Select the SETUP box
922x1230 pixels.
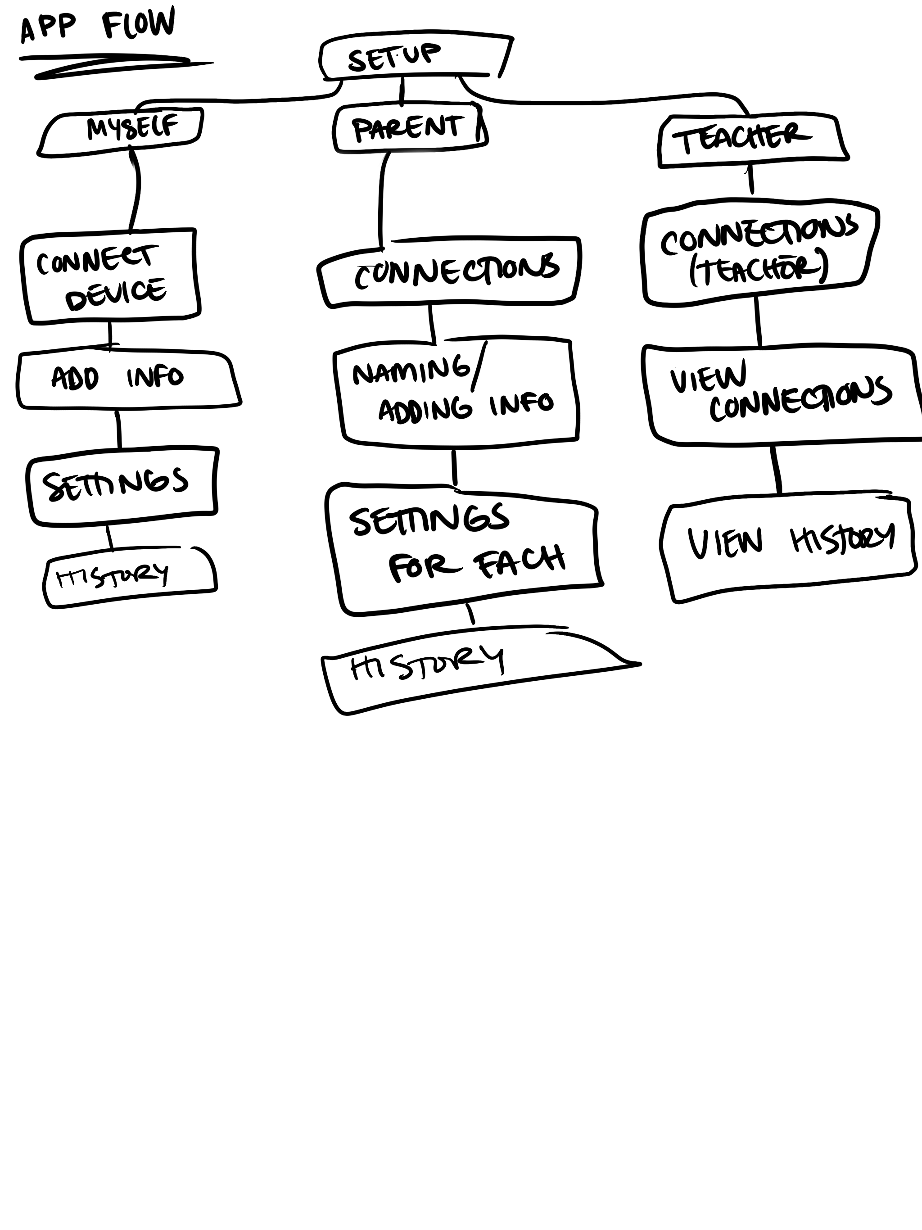click(x=414, y=57)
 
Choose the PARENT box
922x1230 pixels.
click(x=409, y=129)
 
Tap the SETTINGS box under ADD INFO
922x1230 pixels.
click(x=122, y=484)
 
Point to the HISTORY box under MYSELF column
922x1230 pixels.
click(x=129, y=577)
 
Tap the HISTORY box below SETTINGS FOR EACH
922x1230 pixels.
click(x=445, y=670)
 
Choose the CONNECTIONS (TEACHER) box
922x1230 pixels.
click(x=759, y=253)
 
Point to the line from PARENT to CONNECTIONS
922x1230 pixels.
click(x=382, y=200)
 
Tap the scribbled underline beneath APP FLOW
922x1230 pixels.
click(x=111, y=66)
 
